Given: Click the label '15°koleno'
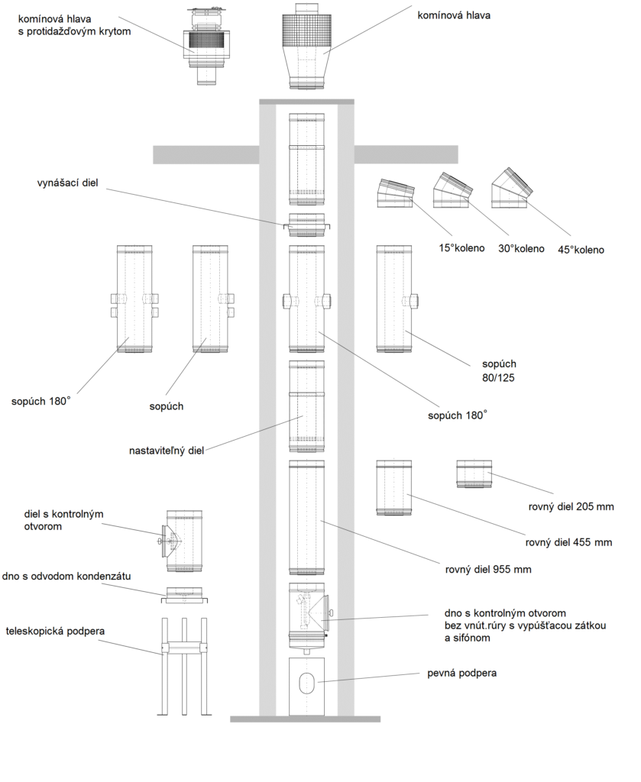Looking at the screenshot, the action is pyautogui.click(x=461, y=248).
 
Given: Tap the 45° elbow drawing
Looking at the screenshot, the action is pyautogui.click(x=511, y=189).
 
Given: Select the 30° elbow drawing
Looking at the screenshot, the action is pyautogui.click(x=452, y=190).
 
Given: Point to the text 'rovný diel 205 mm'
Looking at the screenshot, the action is pyautogui.click(x=571, y=507).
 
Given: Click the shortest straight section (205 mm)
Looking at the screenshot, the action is pyautogui.click(x=474, y=473).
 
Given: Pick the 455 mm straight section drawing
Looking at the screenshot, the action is pyautogui.click(x=393, y=488).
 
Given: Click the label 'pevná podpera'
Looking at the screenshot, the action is pyautogui.click(x=462, y=674).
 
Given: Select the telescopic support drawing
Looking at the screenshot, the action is pyautogui.click(x=183, y=666).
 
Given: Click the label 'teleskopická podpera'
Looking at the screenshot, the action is pyautogui.click(x=55, y=632).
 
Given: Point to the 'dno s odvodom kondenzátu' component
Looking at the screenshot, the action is pyautogui.click(x=184, y=595).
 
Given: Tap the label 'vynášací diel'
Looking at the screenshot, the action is pyautogui.click(x=68, y=183).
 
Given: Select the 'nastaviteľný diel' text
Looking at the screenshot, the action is pyautogui.click(x=167, y=451).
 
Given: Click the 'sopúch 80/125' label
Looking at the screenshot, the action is pyautogui.click(x=499, y=371).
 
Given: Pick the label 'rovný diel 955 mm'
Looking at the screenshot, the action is pyautogui.click(x=488, y=569).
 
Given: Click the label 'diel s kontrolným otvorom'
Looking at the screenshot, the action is pyautogui.click(x=64, y=520).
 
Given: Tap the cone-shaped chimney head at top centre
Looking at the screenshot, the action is pyautogui.click(x=306, y=47).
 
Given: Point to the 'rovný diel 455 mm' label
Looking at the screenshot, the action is pyautogui.click(x=568, y=542).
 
